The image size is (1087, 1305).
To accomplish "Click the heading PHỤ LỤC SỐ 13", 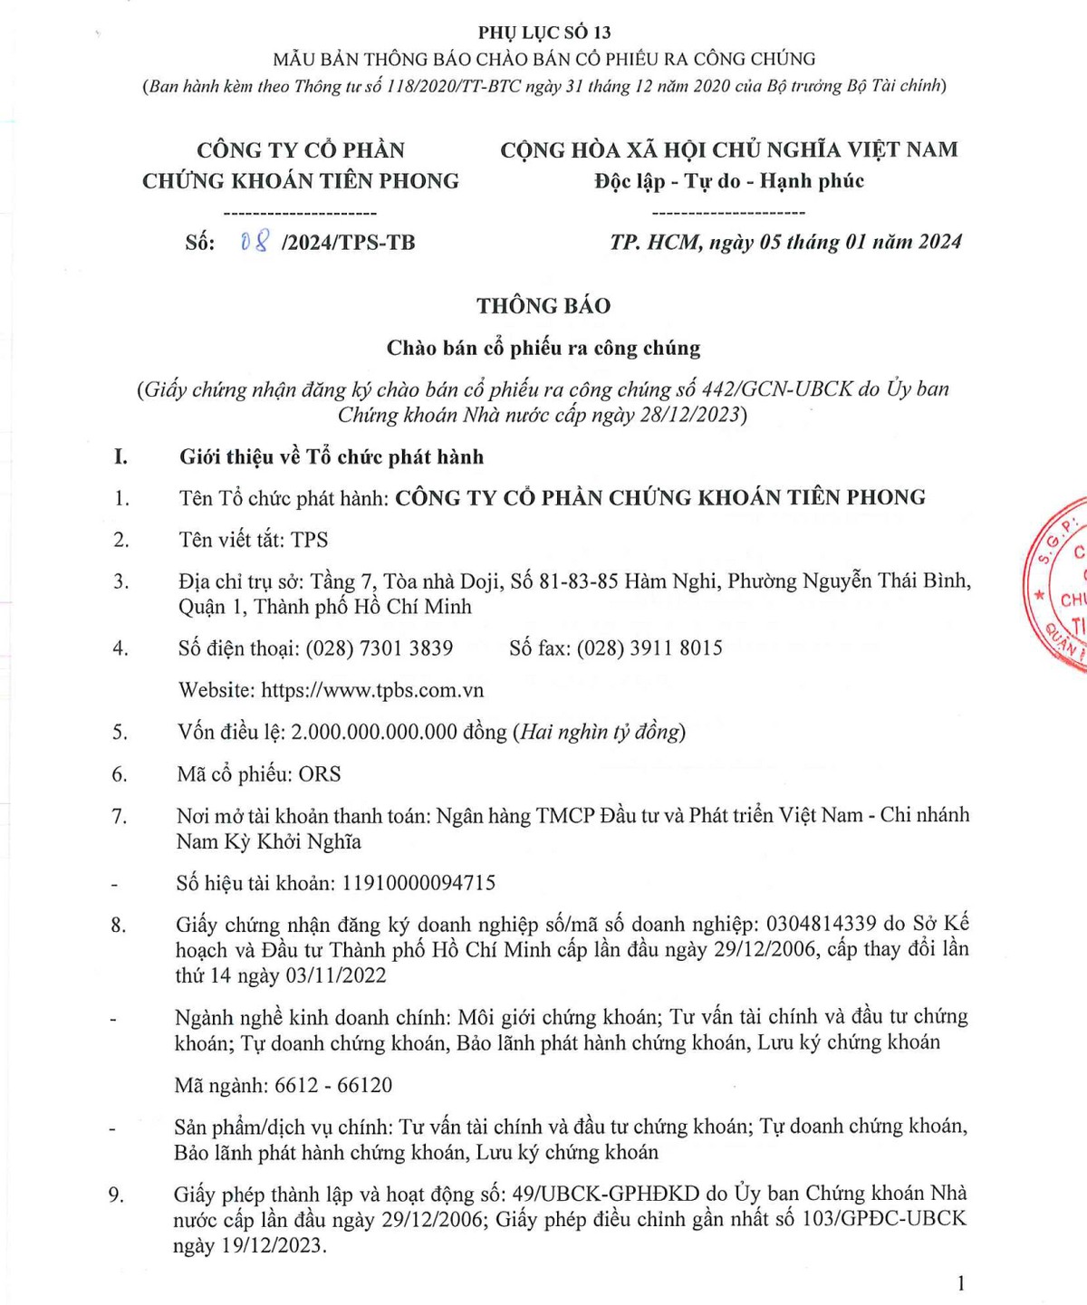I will [x=544, y=33].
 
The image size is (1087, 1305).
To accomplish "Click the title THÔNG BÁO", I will [x=543, y=306].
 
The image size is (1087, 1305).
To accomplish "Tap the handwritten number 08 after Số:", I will [x=255, y=242].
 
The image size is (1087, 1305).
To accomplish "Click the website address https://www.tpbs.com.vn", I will [x=372, y=690].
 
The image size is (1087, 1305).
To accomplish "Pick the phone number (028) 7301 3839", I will [x=379, y=648].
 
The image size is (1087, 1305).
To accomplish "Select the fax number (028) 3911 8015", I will [x=649, y=648].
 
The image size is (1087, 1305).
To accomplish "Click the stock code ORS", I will [x=320, y=774].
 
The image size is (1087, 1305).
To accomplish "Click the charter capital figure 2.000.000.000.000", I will [x=373, y=732].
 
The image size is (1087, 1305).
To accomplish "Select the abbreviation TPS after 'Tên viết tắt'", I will [x=309, y=540].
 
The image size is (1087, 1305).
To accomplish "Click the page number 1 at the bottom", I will [x=960, y=1282].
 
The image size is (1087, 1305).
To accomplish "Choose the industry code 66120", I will [x=364, y=1085].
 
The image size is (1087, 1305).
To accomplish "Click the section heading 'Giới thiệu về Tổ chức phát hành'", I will [x=332, y=457].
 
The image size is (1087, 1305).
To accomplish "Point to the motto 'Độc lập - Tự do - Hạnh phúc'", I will [x=729, y=181].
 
